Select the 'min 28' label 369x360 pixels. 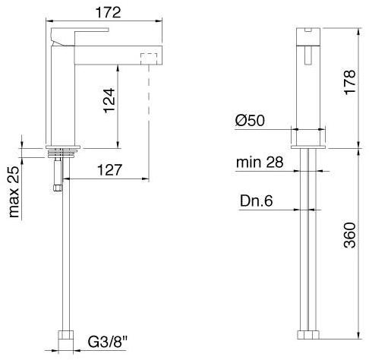click(x=260, y=163)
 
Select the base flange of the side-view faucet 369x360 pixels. click(x=63, y=147)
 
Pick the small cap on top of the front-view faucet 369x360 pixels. click(x=310, y=30)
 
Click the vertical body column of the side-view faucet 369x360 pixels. click(x=58, y=99)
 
